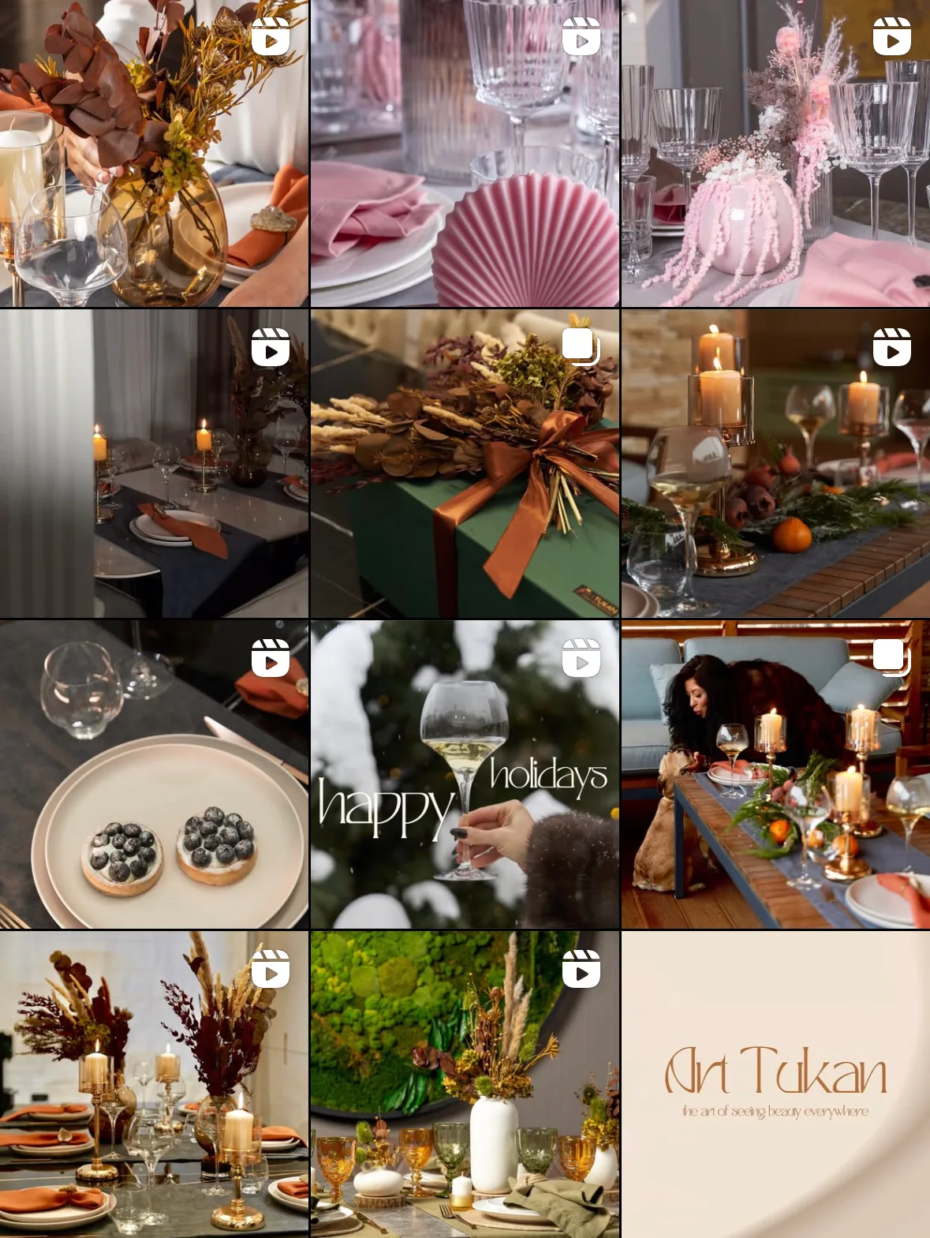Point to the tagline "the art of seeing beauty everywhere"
[775, 1112]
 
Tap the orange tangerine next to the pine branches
[792, 534]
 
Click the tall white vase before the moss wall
[494, 1144]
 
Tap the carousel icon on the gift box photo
[581, 346]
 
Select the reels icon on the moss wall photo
[581, 969]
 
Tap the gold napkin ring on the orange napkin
[274, 220]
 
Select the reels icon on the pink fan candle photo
[581, 36]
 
